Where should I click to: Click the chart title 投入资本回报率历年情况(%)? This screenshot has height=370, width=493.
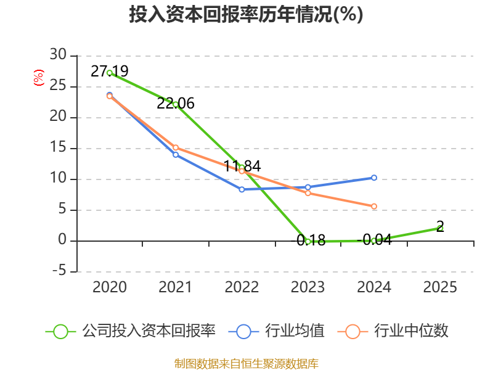(x=246, y=15)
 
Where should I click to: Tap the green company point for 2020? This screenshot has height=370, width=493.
(x=110, y=73)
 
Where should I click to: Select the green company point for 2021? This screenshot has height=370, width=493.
(x=176, y=104)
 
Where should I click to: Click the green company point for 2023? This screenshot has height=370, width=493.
(x=308, y=241)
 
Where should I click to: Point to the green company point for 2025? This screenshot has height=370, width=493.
(x=440, y=228)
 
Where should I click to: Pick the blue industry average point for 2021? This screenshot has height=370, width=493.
(x=176, y=155)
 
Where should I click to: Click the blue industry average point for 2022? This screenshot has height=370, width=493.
(x=242, y=189)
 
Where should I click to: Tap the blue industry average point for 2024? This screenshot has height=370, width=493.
(x=374, y=178)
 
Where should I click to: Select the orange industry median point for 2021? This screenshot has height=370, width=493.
(x=176, y=147)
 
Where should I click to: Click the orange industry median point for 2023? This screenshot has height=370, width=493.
(x=308, y=193)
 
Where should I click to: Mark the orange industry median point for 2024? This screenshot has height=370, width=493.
(x=374, y=207)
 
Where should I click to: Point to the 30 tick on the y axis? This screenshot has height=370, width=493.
(x=59, y=55)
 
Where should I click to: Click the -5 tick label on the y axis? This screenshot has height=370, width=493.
(x=59, y=271)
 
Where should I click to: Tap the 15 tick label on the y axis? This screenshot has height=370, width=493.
(x=59, y=148)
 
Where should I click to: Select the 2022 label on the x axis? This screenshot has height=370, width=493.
(x=242, y=287)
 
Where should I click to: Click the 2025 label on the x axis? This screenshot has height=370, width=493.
(x=440, y=287)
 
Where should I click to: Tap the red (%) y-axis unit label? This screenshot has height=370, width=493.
(x=38, y=78)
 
